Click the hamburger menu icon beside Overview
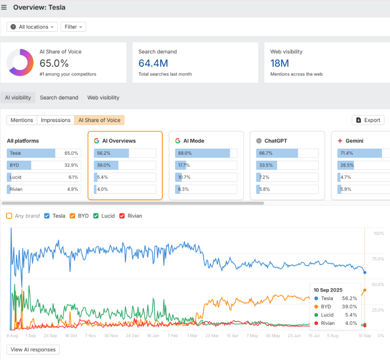4,8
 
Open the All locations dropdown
32,27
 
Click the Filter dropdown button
73,27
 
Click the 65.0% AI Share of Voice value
54,63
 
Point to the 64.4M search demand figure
153,63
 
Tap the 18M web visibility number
279,63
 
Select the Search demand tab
59,98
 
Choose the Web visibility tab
103,98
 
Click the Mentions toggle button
22,120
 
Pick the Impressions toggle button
56,120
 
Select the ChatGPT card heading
276,141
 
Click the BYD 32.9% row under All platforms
43,165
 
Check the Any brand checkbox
9,216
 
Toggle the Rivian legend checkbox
121,216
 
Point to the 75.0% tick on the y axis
379,259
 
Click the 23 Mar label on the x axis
212,335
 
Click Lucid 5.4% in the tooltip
336,315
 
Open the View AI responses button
33,350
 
